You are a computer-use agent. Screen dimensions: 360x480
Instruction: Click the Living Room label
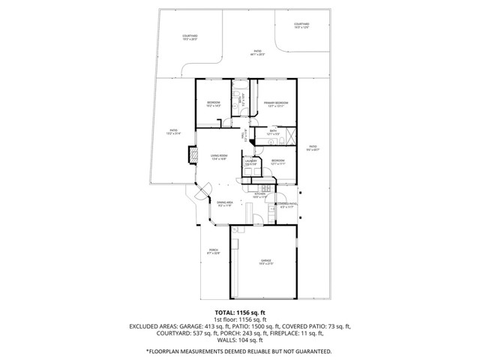(219, 157)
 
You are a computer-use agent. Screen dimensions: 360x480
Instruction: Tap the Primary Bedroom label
(276, 103)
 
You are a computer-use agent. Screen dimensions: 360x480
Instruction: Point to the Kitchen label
(259, 196)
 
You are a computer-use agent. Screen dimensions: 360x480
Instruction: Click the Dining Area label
(225, 203)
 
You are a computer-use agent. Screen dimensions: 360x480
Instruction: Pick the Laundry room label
(250, 162)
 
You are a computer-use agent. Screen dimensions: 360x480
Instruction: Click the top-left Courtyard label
(190, 37)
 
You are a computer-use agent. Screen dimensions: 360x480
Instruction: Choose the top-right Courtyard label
(301, 25)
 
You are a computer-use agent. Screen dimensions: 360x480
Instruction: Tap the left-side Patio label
(173, 133)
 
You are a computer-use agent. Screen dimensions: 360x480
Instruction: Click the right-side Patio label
(313, 148)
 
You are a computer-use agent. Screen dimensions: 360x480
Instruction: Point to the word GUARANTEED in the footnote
(310, 350)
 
